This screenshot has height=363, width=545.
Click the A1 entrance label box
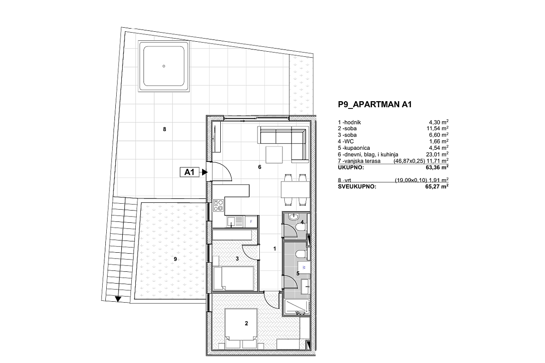189,172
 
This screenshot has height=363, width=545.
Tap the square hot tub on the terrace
164,66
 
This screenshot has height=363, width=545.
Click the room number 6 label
260,167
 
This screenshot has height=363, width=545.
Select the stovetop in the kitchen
218,206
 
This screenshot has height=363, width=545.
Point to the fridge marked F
251,221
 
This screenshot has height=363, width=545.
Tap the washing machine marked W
304,267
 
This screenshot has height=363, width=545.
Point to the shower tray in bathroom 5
297,308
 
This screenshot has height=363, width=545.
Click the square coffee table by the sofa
274,155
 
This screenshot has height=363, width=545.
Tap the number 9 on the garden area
175,259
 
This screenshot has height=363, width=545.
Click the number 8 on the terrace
164,129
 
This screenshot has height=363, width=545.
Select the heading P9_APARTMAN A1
375,104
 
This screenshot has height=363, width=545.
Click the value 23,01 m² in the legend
437,154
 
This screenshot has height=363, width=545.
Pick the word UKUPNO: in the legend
351,167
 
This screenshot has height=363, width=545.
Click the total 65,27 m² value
437,186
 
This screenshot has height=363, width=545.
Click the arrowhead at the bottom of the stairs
118,299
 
